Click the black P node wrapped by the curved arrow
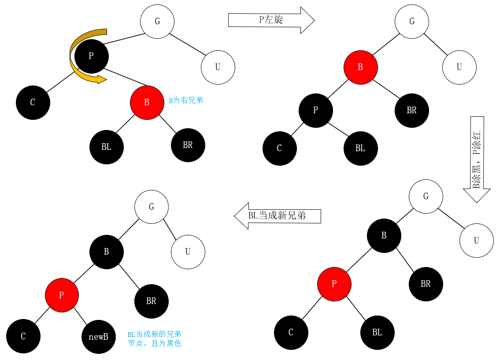(91, 56)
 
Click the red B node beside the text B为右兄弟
(147, 103)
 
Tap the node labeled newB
(98, 337)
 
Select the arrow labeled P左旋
(271, 20)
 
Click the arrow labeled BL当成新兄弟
(277, 216)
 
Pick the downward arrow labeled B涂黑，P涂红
(477, 159)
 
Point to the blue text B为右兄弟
(186, 100)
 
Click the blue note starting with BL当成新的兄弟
(154, 338)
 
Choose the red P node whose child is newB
(62, 295)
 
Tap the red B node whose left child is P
(360, 67)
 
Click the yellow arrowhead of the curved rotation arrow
(101, 80)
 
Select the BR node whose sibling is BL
(188, 145)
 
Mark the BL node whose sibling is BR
(106, 147)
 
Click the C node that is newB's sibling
(23, 337)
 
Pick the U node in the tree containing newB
(188, 252)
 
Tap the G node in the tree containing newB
(152, 207)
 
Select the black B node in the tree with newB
(106, 252)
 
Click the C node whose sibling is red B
(33, 103)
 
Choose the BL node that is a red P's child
(377, 333)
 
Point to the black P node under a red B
(315, 110)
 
